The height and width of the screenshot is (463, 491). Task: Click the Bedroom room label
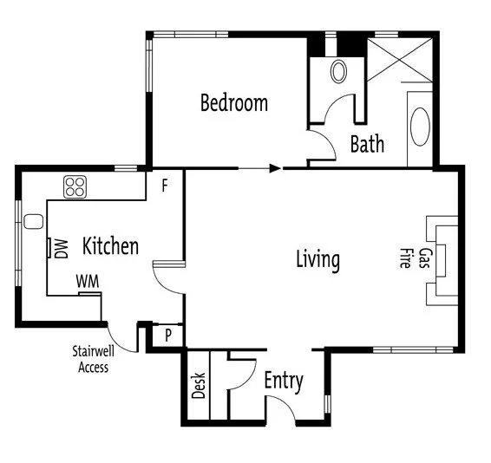coord(233,103)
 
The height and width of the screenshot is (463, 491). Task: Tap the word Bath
coord(367,143)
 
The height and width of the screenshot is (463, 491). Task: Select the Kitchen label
coord(110,246)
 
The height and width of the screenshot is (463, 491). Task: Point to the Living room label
coord(318,258)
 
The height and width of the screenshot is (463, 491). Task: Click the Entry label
coord(283,380)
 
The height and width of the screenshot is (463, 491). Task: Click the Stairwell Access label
coord(91,360)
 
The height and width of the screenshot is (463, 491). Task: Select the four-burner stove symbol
coord(75,186)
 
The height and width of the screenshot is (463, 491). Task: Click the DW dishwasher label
coord(61,250)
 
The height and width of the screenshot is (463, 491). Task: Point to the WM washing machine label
coord(86,282)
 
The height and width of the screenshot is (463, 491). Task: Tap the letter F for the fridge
coord(166,185)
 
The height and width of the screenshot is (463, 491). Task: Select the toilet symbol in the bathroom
coord(338,71)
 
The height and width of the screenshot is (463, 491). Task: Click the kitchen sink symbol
coord(34,222)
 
